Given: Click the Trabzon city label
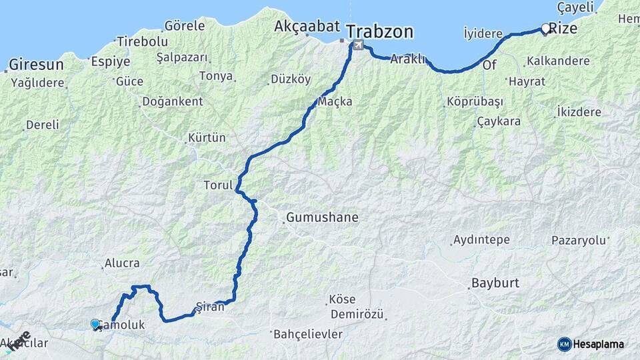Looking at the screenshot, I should click(379, 31).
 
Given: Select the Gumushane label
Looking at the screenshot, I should click(322, 217).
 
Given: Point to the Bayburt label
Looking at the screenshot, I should click(495, 283).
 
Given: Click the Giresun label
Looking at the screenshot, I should click(36, 65).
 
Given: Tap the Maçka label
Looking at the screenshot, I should click(335, 101).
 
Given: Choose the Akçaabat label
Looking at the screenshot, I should click(307, 27).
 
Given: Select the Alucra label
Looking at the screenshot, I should click(122, 264).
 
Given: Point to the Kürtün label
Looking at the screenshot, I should click(207, 138).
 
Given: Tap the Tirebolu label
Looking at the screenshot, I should click(142, 41).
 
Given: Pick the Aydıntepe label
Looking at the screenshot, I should click(481, 240).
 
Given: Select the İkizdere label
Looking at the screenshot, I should click(579, 112).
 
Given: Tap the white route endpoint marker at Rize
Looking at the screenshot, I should click(546, 29).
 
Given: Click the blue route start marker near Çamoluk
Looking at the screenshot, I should click(95, 324).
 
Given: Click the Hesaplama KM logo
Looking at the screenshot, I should click(591, 344).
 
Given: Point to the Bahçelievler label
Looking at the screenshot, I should click(308, 333).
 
